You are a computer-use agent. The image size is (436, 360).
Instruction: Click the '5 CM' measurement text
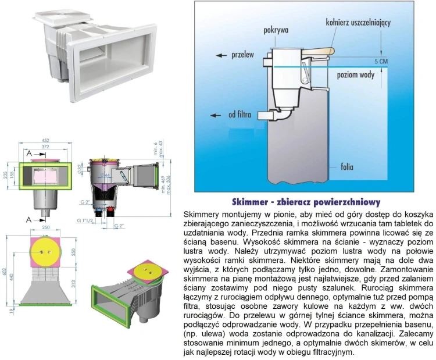(x=381, y=60)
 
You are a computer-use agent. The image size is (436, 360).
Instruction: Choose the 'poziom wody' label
(x=357, y=74)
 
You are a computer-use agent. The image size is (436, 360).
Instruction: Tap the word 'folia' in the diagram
(x=349, y=165)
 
